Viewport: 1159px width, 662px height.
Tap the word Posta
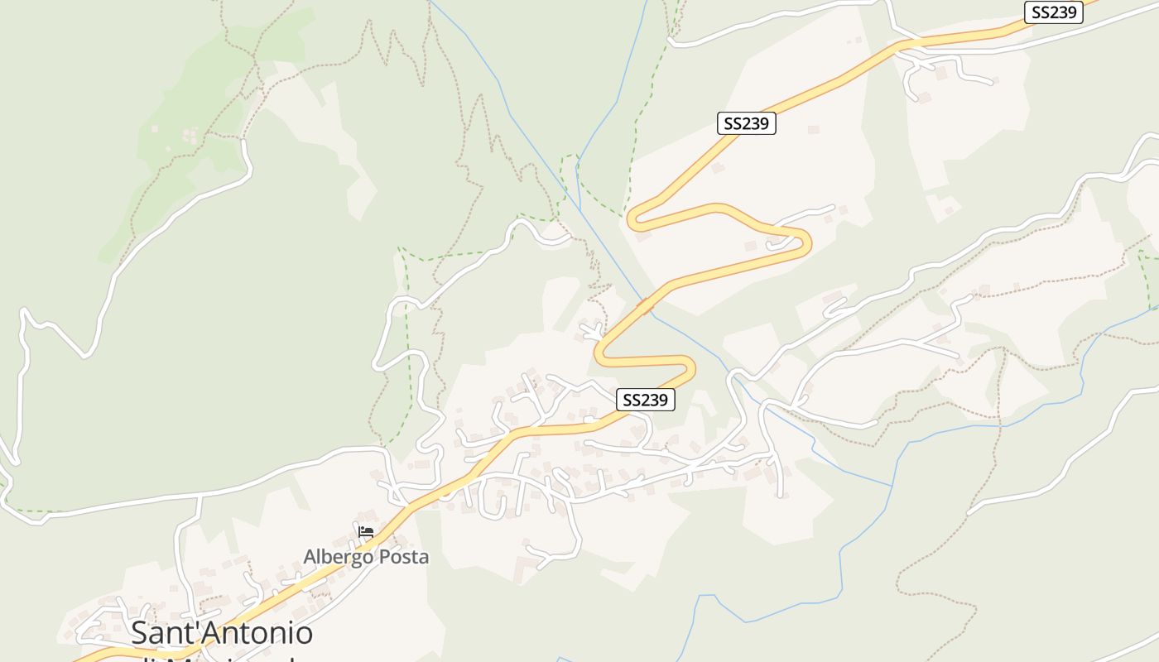tap(399, 557)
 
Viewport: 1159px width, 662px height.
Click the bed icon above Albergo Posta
tap(366, 531)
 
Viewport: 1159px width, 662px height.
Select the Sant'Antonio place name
tap(222, 633)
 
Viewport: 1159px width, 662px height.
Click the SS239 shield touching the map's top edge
tap(1053, 12)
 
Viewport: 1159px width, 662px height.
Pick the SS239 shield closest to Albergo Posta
tap(646, 400)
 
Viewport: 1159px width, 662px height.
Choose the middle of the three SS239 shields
tap(746, 124)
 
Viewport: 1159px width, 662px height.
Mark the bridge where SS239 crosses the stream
tap(645, 307)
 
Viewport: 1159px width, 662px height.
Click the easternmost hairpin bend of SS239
tap(807, 242)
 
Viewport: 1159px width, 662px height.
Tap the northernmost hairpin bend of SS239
tap(632, 219)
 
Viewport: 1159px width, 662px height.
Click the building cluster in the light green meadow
tap(190, 135)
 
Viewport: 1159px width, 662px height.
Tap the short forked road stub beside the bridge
tap(593, 331)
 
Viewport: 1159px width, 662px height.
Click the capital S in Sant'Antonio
tap(141, 633)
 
